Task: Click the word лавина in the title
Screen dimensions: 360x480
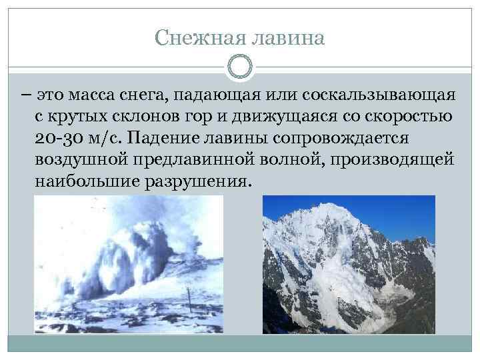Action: (287, 38)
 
